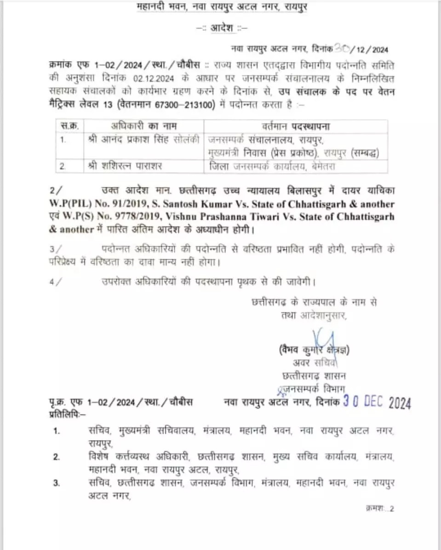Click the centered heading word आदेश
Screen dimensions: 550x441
point(223,28)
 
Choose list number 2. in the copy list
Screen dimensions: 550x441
point(56,457)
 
